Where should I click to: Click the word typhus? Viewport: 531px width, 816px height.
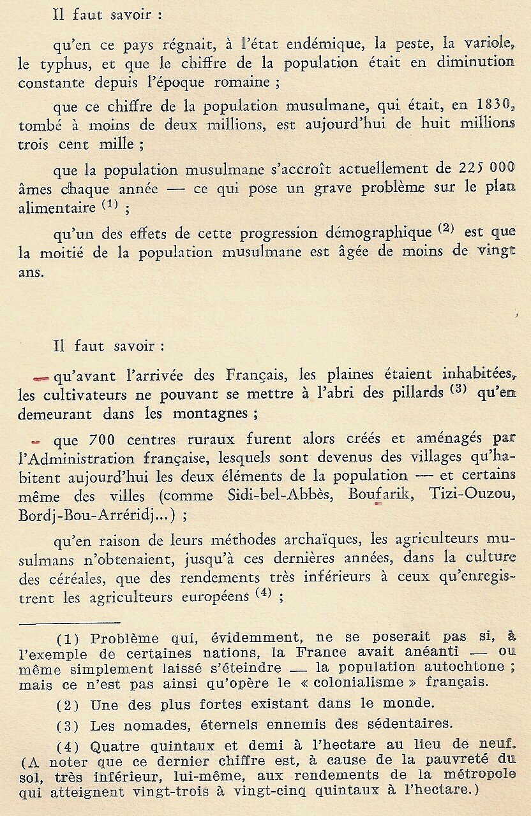point(58,63)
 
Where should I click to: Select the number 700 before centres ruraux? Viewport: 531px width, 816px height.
point(102,441)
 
